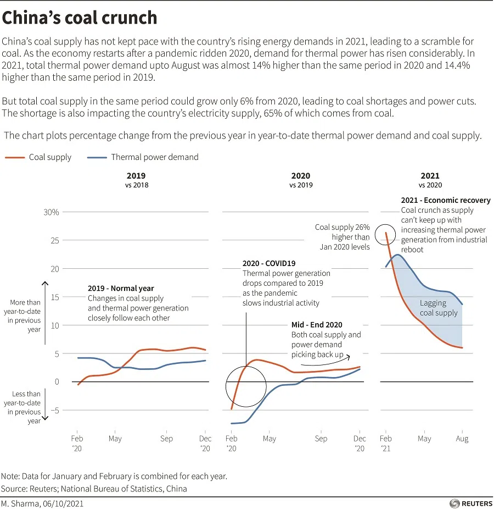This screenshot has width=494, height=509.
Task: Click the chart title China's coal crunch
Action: (80, 18)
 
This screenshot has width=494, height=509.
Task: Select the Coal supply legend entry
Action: (38, 157)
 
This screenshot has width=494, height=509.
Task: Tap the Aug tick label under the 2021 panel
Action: (462, 439)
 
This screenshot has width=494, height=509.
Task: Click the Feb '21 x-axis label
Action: (386, 443)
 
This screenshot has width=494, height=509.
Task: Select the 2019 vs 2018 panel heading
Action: (136, 180)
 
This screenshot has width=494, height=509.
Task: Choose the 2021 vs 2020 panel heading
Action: (430, 180)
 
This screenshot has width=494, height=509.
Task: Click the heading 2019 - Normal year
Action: (121, 288)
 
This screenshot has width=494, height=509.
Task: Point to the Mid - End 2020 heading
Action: (317, 325)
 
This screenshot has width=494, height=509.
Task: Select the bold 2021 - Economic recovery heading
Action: (446, 201)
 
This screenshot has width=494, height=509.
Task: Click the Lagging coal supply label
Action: (438, 308)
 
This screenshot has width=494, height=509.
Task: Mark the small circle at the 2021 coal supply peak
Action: (386, 235)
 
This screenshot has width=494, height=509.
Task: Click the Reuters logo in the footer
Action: (469, 503)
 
